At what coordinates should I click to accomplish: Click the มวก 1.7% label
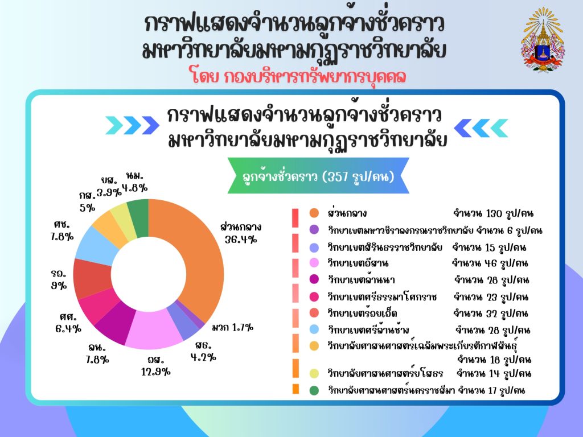coord(233,327)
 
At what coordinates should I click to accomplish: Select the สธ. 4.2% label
coord(203,352)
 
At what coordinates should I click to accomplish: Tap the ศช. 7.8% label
coord(62,230)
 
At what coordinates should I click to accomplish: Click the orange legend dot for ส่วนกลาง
coord(314,213)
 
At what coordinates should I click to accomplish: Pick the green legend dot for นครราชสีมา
coord(314,390)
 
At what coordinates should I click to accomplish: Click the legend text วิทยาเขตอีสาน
coord(358,263)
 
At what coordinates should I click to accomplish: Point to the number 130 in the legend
coord(494,213)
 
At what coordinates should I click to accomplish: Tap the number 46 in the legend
coord(490,263)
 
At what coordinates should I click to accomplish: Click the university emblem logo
coord(543,39)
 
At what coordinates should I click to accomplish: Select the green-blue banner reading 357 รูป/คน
coord(318,176)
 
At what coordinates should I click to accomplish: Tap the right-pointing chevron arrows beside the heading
coord(132,125)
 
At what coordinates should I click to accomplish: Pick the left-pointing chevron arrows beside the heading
coord(481,128)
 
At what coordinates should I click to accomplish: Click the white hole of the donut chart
coord(149,275)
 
